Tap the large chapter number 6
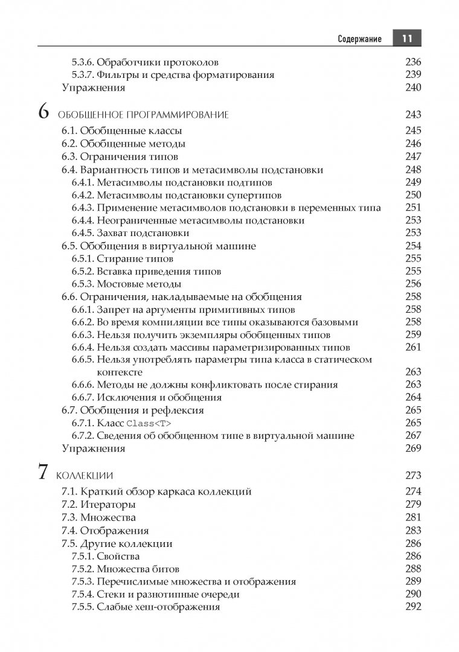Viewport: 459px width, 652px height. (x=43, y=112)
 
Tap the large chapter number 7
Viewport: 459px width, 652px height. (x=43, y=472)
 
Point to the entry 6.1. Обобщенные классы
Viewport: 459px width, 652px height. (x=123, y=130)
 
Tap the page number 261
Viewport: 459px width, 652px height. (x=413, y=347)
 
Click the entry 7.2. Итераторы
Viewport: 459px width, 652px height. (x=98, y=504)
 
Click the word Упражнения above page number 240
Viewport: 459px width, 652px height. (x=94, y=88)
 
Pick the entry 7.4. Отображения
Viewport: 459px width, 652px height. (x=105, y=531)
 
